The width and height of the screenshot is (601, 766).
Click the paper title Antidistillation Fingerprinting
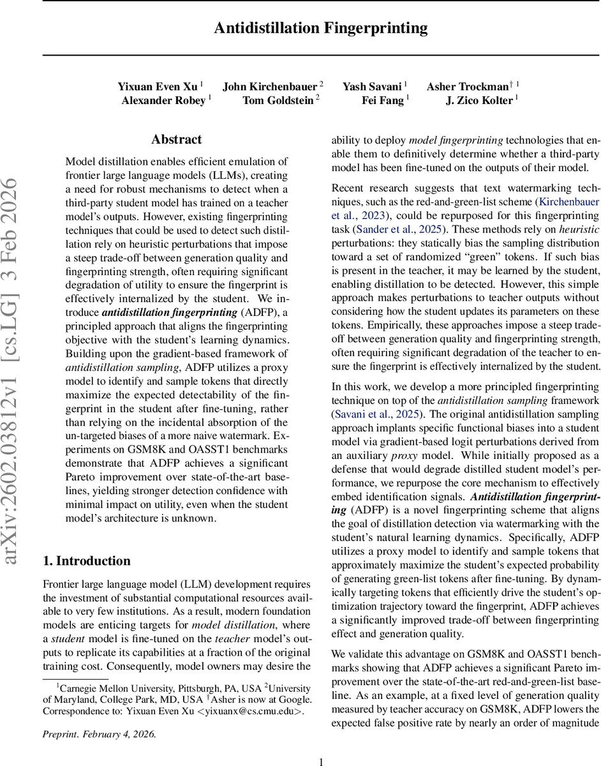click(x=320, y=29)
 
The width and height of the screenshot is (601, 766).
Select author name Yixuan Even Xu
click(x=158, y=86)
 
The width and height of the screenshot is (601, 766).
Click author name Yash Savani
click(x=373, y=86)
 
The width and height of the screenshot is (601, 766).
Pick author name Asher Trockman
click(x=469, y=86)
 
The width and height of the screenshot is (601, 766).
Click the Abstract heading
click(x=177, y=139)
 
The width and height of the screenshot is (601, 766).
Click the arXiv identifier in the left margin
click(x=13, y=372)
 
